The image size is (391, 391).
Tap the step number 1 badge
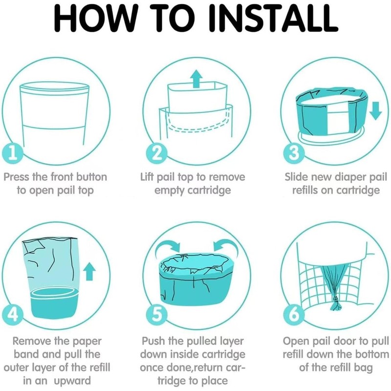tap(13, 153)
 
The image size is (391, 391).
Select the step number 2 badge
tap(156, 153)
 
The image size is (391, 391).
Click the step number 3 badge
tap(294, 153)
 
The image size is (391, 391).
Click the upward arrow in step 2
tap(197, 79)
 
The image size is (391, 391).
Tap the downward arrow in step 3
tap(375, 110)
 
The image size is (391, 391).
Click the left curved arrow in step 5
tap(168, 246)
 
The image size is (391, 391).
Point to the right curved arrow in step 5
tap(225, 246)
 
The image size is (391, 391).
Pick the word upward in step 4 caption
tap(72, 381)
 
